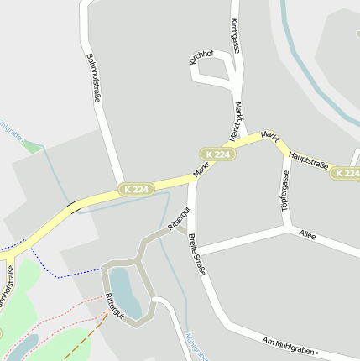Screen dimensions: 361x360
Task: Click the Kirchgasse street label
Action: [235, 36]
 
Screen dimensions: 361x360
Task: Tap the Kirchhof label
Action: [202, 57]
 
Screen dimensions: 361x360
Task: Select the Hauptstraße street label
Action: [307, 159]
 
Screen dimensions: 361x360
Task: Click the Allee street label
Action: [307, 236]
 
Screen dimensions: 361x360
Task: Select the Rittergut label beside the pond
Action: [114, 306]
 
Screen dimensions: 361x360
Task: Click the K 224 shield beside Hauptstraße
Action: [345, 173]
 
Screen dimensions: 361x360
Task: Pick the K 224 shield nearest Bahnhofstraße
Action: [135, 190]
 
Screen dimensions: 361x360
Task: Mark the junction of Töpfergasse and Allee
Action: [290, 227]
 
